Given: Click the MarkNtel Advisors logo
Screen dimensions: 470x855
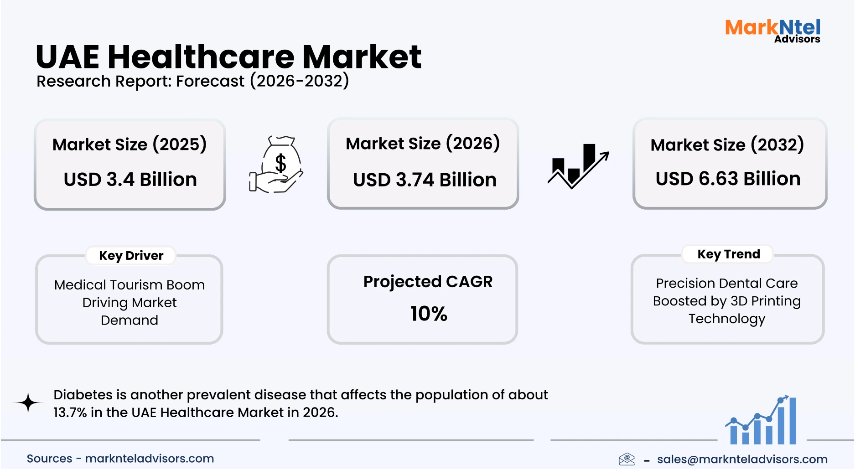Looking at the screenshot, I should click(x=772, y=31).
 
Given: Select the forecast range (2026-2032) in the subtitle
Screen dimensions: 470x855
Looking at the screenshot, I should click(x=299, y=81).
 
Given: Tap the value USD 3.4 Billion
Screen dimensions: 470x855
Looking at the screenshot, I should click(x=130, y=179).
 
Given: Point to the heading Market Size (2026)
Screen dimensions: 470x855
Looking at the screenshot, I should click(x=423, y=144).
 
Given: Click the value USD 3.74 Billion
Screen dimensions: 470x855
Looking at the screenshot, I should click(x=425, y=180).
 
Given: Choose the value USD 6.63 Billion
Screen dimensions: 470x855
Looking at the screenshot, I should click(x=728, y=178).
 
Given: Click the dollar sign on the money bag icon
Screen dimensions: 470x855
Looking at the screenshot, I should click(x=280, y=163).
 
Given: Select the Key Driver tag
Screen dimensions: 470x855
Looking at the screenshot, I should click(x=131, y=255).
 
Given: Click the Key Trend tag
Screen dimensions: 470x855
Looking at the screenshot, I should click(x=728, y=254).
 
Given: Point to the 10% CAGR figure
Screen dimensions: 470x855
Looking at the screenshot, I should click(x=428, y=314).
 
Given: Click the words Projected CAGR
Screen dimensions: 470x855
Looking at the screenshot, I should click(x=428, y=282).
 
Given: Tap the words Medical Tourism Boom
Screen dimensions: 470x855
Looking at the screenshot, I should click(x=130, y=285).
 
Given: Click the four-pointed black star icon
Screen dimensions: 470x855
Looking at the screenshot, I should click(x=28, y=403).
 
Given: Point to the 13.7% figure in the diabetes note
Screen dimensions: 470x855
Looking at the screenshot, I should click(x=70, y=413).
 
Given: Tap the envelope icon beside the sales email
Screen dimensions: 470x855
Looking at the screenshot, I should click(x=627, y=459).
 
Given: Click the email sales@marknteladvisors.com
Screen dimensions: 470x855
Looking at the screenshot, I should click(x=742, y=459).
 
